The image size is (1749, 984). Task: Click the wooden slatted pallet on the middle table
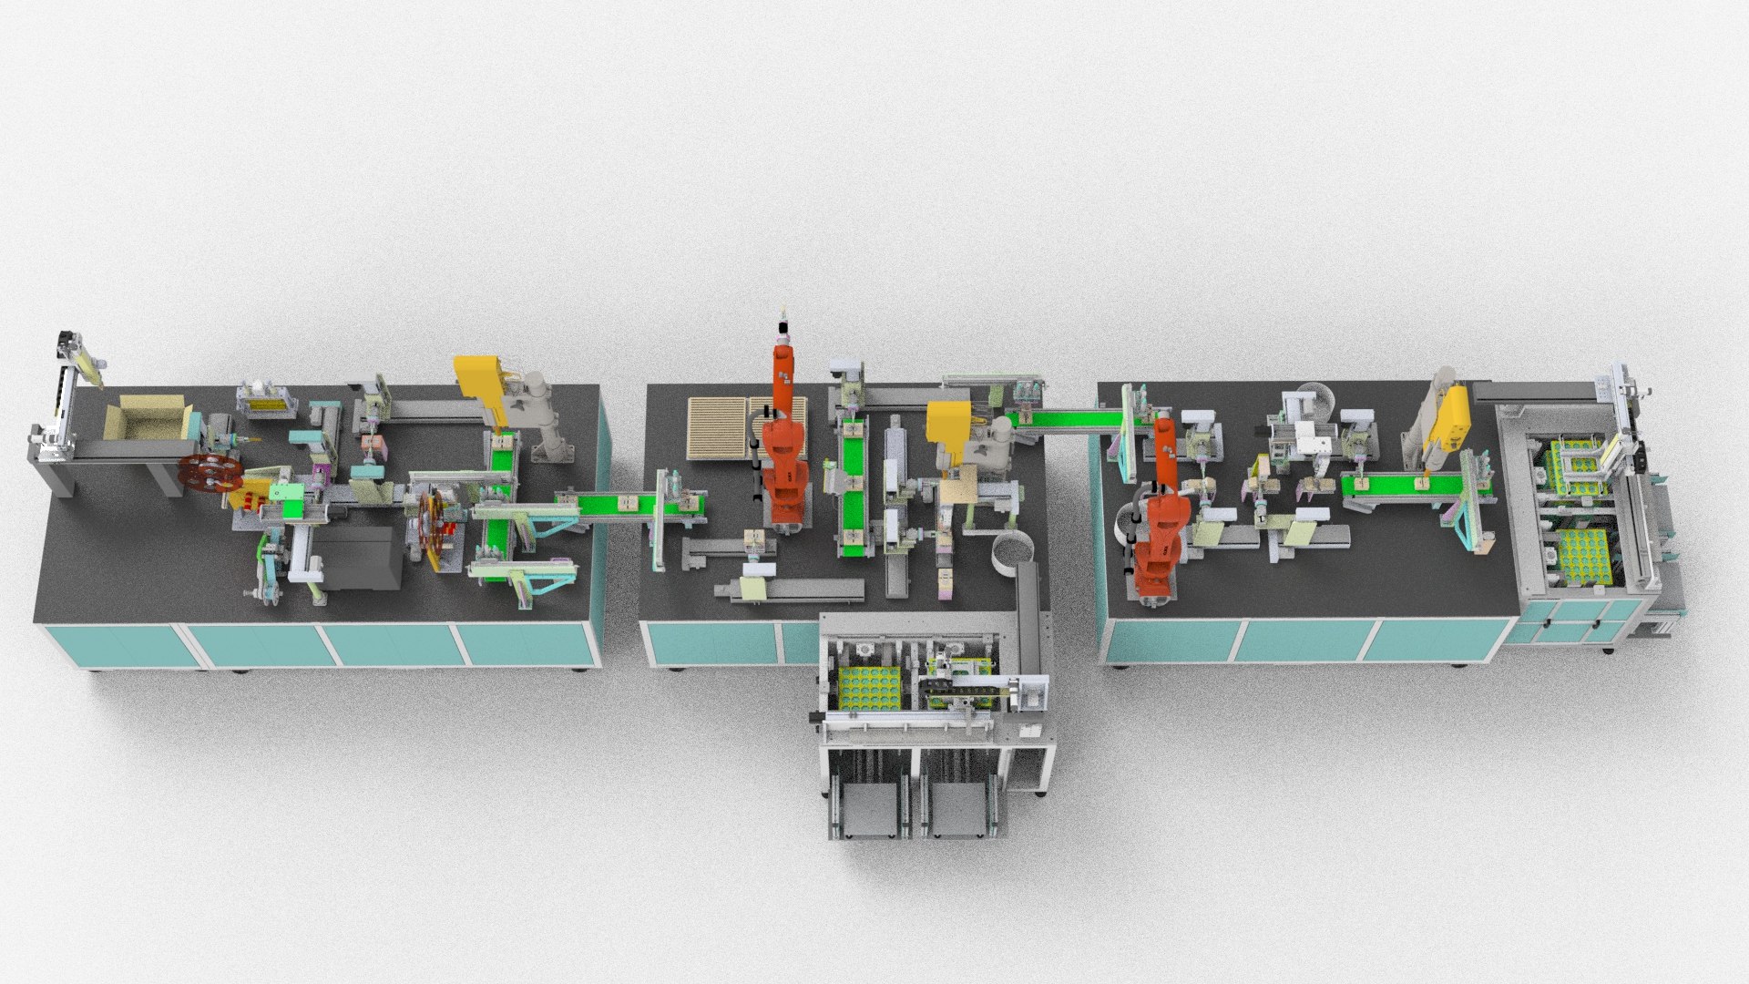point(719,428)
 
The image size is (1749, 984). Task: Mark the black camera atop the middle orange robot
point(783,329)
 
